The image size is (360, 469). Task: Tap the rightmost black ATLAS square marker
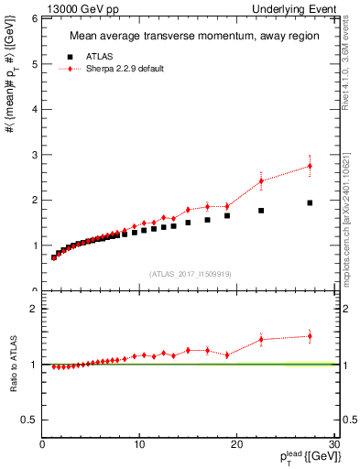pyautogui.click(x=310, y=202)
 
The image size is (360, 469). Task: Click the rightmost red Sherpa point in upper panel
pyautogui.click(x=310, y=166)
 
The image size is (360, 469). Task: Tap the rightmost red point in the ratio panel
pyautogui.click(x=310, y=336)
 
